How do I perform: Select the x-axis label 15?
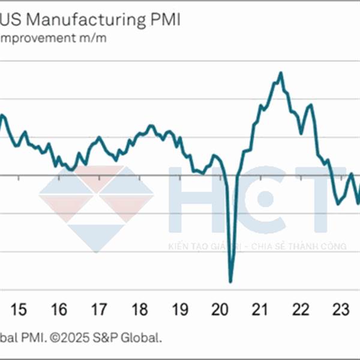(19, 310)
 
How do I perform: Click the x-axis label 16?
(59, 310)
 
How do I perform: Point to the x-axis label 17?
(99, 310)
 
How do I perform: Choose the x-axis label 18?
(139, 310)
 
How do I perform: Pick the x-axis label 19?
(179, 310)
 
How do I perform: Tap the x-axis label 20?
(220, 310)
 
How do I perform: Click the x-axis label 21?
(259, 310)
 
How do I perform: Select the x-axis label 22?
(300, 310)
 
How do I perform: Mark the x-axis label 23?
(340, 310)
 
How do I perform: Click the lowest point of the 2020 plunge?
(230, 281)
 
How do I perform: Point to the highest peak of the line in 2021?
(280, 73)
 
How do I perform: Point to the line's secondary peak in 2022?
(310, 105)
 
